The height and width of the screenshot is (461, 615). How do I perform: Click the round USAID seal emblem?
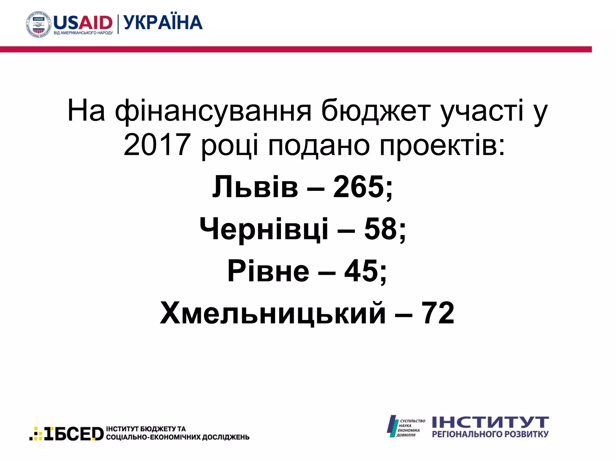pos(38,25)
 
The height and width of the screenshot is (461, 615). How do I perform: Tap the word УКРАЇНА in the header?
pos(163,23)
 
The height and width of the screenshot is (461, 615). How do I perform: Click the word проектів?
pos(442,146)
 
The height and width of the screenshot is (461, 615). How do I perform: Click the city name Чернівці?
pos(264,229)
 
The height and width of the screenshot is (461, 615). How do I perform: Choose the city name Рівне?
pos(268,271)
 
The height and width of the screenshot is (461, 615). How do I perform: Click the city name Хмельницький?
pos(273,313)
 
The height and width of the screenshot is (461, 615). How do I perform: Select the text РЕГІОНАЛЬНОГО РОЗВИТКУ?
pos(490,434)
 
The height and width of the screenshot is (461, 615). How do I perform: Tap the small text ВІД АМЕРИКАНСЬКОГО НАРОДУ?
pos(83,33)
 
